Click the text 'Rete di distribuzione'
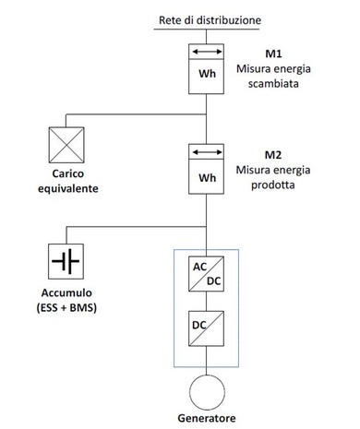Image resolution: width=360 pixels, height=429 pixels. click(x=210, y=20)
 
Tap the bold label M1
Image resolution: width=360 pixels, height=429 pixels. click(x=273, y=54)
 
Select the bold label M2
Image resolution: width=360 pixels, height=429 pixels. click(x=273, y=155)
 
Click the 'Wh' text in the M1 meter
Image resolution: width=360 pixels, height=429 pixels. click(x=207, y=74)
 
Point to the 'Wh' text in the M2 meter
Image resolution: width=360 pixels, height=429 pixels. click(x=207, y=178)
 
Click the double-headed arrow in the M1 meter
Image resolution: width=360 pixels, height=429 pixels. click(x=207, y=52)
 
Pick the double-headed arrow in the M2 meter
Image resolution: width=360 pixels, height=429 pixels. click(x=207, y=152)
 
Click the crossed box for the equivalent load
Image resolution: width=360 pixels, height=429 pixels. click(x=66, y=145)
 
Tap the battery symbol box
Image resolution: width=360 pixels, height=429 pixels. click(x=66, y=261)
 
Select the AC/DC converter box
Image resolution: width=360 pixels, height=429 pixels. click(x=206, y=274)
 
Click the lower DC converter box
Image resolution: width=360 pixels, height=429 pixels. click(x=206, y=328)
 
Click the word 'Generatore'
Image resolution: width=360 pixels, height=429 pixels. click(x=207, y=418)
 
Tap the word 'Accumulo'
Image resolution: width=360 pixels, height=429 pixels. click(x=66, y=292)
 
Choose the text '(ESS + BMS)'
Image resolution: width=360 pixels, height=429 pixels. click(x=66, y=307)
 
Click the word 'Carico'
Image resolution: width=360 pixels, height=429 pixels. click(x=68, y=173)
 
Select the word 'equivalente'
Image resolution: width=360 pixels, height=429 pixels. click(x=68, y=188)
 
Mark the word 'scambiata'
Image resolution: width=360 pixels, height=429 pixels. click(x=273, y=84)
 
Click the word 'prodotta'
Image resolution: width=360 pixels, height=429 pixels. click(x=273, y=185)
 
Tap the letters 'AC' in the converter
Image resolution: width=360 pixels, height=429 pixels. click(x=199, y=267)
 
